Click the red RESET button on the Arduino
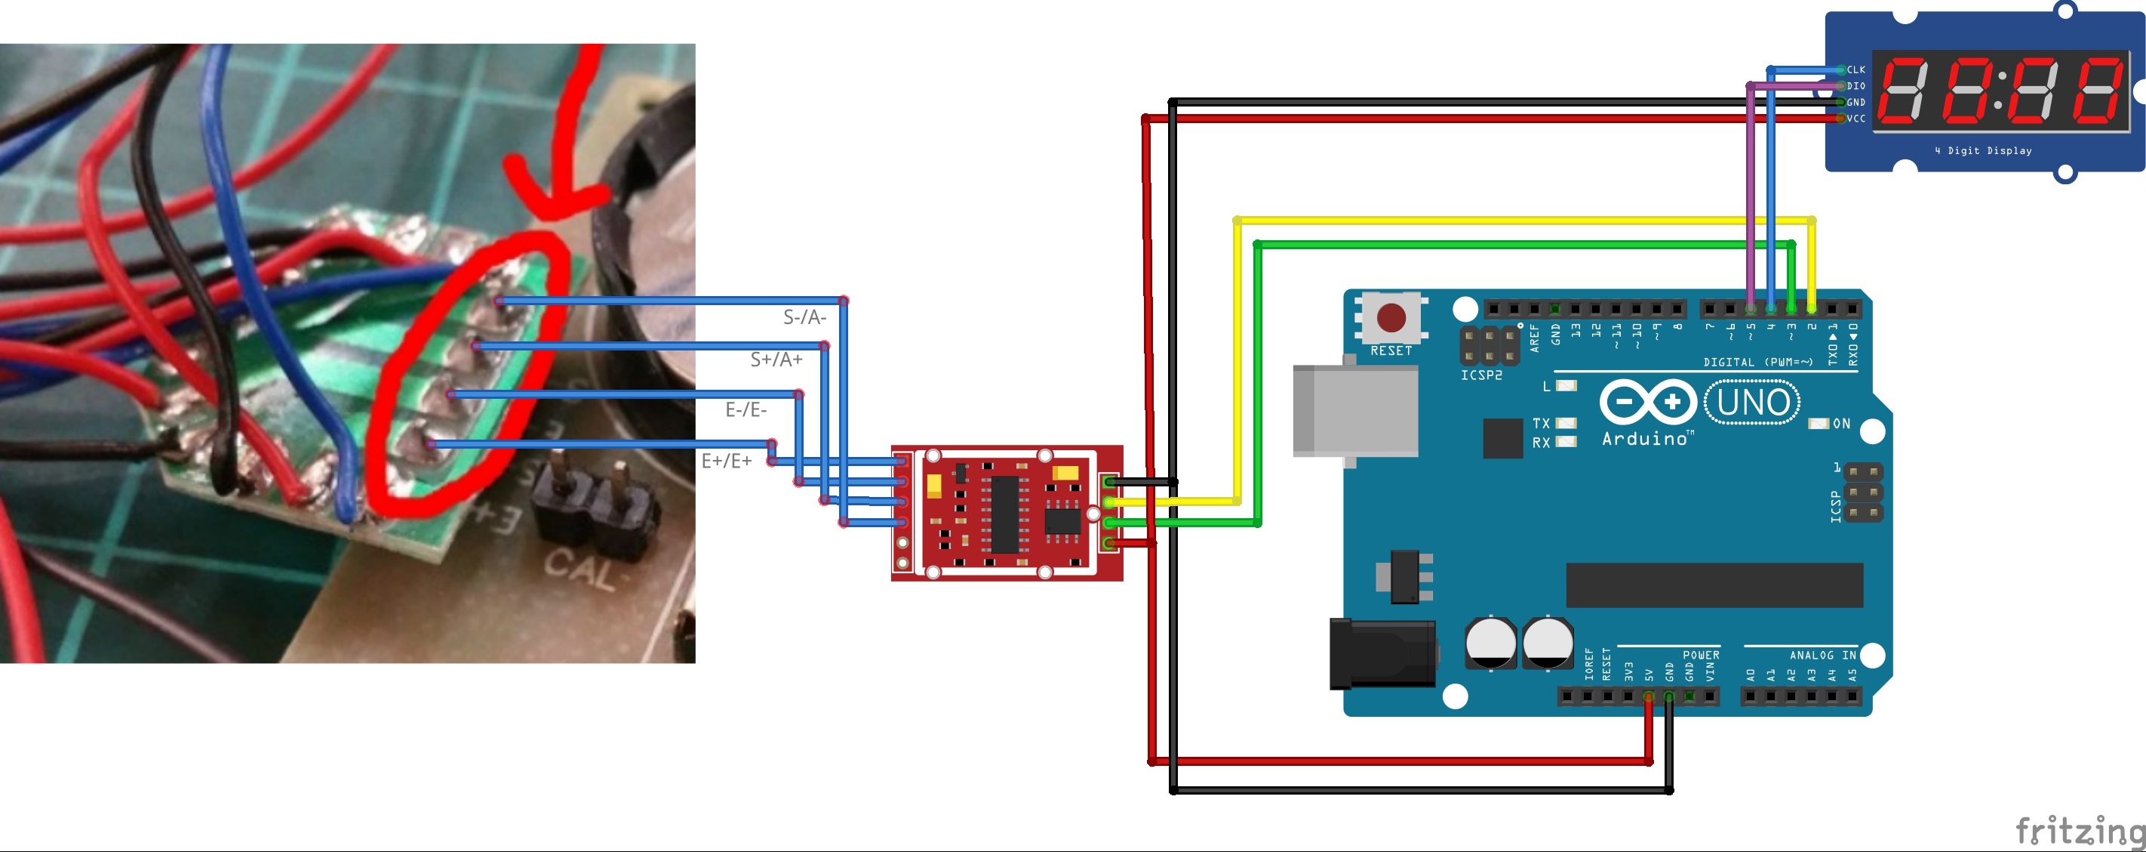tap(1391, 318)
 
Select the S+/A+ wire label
tap(776, 360)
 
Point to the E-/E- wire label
tap(746, 410)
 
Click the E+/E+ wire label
tap(727, 461)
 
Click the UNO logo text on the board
tap(1753, 403)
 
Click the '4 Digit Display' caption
tap(1983, 151)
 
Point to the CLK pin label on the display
tap(1856, 70)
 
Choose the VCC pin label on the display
tap(1856, 119)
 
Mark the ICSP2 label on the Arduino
tap(1481, 376)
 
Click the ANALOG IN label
tap(1823, 656)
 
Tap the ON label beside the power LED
tap(1842, 424)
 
